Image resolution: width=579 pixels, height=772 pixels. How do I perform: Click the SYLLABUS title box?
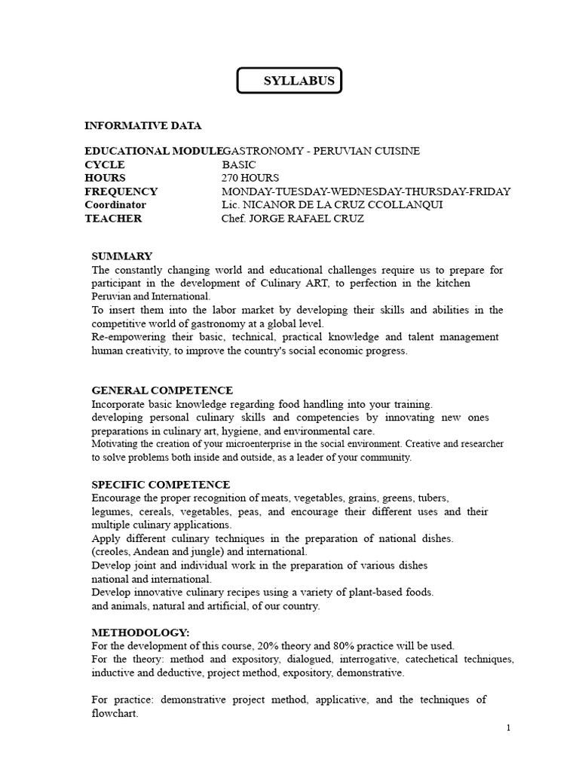[289, 81]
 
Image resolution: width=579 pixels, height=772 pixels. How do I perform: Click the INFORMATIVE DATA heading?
[142, 125]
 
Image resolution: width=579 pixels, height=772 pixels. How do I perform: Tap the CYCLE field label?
[105, 164]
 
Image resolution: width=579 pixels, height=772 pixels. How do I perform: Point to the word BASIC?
[239, 164]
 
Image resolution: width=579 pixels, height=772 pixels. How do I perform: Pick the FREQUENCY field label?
[121, 191]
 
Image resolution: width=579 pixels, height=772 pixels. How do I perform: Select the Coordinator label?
[115, 205]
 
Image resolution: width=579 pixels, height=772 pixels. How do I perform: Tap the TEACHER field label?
[113, 219]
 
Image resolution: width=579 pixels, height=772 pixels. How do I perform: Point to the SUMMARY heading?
[121, 256]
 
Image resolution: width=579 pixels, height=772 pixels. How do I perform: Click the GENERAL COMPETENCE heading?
[162, 391]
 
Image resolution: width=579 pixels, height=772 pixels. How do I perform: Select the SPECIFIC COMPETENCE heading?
[161, 485]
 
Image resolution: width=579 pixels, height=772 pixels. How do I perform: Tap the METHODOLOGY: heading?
[140, 632]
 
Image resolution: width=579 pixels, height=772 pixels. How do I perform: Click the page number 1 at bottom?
[509, 728]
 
